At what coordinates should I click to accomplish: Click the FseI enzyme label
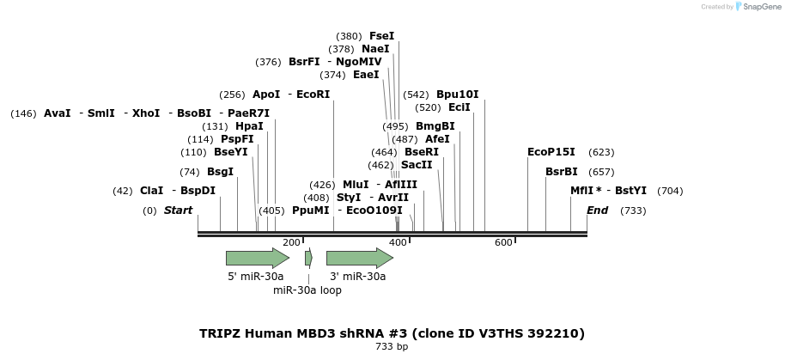coord(382,36)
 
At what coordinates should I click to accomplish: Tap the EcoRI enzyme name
coord(313,95)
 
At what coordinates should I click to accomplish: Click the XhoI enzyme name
coord(146,113)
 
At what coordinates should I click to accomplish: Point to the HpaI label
coord(249,126)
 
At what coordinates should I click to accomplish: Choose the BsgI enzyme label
coord(220,172)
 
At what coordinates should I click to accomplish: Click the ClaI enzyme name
coord(152,191)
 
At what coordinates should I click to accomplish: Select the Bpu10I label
coord(458,95)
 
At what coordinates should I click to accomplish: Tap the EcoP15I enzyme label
coord(551,152)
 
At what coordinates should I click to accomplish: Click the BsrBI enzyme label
coord(561,172)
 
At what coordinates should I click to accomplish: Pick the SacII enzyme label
coord(417,165)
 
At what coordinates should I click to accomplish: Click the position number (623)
coord(601,152)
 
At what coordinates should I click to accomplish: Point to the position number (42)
coord(123,191)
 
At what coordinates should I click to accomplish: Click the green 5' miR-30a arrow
coord(258,258)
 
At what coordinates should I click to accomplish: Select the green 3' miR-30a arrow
coord(360,258)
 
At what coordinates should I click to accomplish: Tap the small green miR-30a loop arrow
coord(309,258)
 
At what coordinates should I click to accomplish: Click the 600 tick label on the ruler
coord(503,243)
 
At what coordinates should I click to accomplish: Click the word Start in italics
coord(179,211)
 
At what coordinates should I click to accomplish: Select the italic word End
coord(597,211)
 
